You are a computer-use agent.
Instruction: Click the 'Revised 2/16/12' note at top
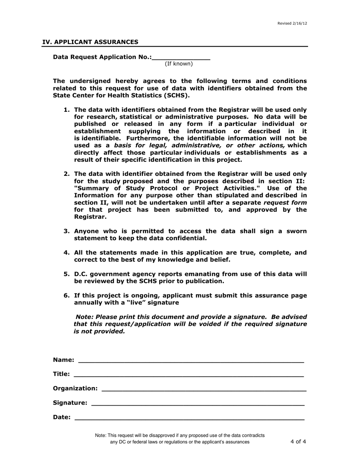(x=292, y=23)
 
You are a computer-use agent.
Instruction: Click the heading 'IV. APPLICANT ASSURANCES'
(x=90, y=42)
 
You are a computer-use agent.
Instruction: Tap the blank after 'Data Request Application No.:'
(x=181, y=57)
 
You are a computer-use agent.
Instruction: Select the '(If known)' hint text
(x=178, y=64)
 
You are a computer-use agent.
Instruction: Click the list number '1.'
(x=67, y=109)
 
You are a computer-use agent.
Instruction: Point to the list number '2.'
(x=67, y=174)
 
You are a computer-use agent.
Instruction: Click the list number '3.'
(x=67, y=231)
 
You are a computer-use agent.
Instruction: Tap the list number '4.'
(x=67, y=253)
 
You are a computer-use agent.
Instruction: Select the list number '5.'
(x=67, y=274)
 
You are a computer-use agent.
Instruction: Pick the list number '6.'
(x=67, y=296)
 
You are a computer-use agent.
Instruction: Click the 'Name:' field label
(x=64, y=360)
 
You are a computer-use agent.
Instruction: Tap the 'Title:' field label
(x=61, y=374)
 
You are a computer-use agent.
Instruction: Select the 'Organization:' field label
(x=75, y=388)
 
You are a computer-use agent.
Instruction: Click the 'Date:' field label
(x=62, y=417)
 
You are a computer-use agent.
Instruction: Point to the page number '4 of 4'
(x=298, y=441)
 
